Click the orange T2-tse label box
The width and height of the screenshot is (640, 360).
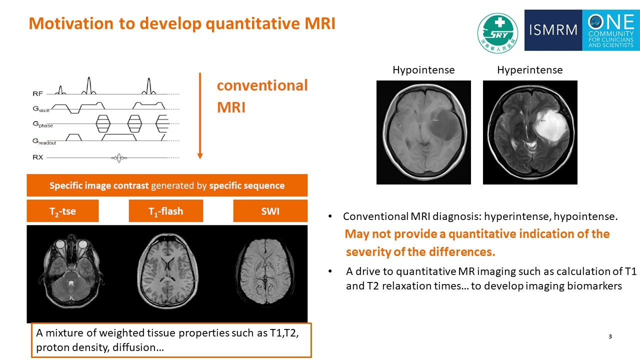[62, 211]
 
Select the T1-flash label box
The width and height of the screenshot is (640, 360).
[165, 211]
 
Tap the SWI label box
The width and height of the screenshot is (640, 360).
[270, 211]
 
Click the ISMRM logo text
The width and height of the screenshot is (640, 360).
[553, 30]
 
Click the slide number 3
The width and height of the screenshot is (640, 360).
[610, 336]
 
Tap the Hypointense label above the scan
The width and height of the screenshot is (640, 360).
[423, 70]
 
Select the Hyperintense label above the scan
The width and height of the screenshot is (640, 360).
[529, 70]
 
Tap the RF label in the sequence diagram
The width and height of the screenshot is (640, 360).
[37, 93]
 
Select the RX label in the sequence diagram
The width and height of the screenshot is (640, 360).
[37, 157]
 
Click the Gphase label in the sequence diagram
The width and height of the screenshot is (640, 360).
[42, 125]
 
